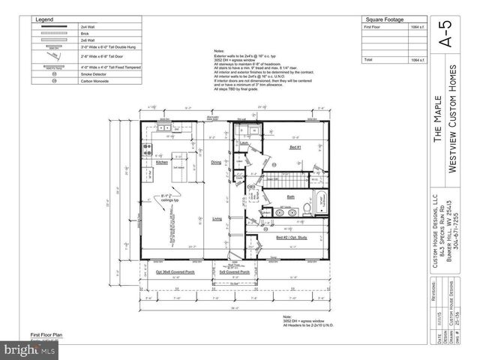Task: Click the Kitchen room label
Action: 161,162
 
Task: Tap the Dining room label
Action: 216,162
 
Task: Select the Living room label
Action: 216,218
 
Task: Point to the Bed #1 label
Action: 295,148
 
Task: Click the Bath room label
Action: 289,197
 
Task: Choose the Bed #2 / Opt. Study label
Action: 292,237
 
